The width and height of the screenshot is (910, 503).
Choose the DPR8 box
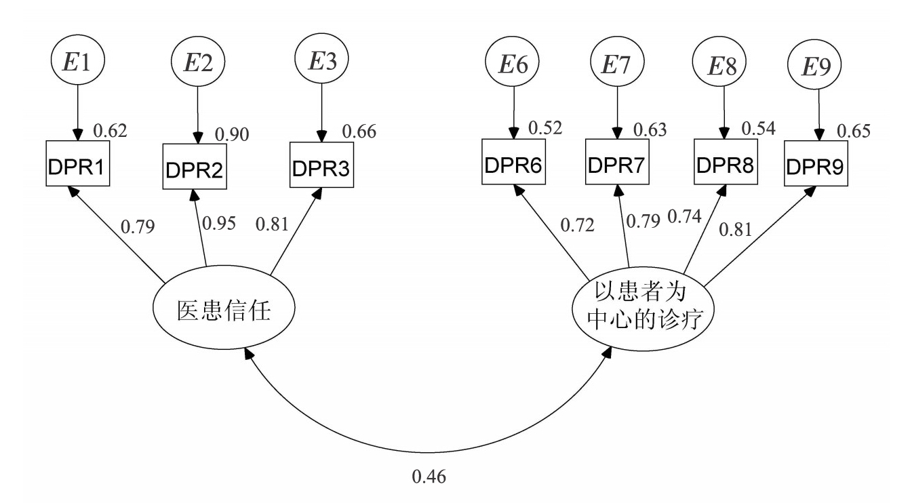pos(726,165)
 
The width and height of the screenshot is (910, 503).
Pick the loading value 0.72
pos(576,225)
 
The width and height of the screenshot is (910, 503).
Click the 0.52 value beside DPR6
pos(545,127)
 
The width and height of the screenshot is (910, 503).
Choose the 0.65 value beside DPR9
pos(852,131)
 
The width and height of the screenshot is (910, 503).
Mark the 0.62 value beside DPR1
pos(110,129)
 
